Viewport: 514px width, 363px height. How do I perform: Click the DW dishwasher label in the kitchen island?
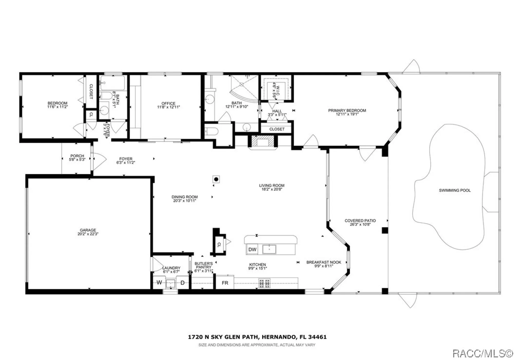pos(252,249)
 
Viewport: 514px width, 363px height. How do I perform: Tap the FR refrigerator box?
pos(225,283)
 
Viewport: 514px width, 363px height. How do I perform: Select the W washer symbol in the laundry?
pos(159,283)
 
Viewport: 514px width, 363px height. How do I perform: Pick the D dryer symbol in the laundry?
pos(182,283)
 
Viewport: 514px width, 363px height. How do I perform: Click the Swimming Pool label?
pos(455,190)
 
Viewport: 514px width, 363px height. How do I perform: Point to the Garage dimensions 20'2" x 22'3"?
pos(88,234)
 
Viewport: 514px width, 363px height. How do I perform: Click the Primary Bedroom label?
pos(347,110)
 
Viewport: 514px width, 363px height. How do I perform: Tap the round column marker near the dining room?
pos(216,179)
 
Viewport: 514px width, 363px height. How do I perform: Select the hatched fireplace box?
pos(262,141)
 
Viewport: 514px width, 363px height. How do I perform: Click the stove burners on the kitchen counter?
pos(264,283)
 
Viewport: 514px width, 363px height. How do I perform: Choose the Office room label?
pos(168,103)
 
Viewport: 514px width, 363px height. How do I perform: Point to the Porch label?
pos(77,156)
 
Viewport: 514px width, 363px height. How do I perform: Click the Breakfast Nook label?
pos(324,262)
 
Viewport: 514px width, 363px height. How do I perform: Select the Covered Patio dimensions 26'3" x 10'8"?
pos(360,224)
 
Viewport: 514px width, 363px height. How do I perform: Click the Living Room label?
pos(272,185)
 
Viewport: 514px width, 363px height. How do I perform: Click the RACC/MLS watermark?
pos(482,353)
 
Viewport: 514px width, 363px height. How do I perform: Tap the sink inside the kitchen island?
pos(269,249)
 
